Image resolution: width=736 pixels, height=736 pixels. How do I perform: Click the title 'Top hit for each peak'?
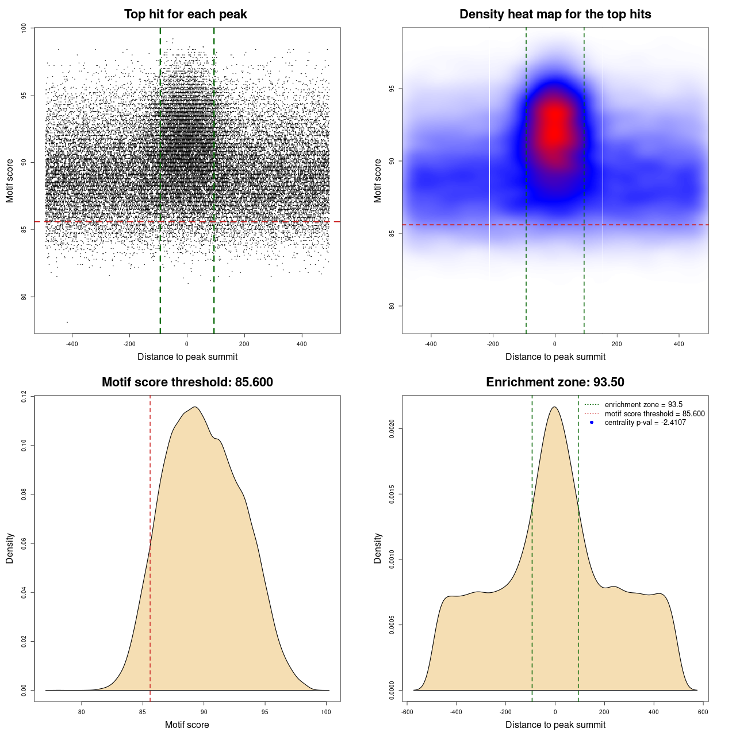pyautogui.click(x=185, y=14)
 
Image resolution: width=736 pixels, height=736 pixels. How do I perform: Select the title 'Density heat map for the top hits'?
pyautogui.click(x=555, y=14)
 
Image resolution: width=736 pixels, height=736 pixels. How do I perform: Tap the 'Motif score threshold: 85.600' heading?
pyautogui.click(x=187, y=382)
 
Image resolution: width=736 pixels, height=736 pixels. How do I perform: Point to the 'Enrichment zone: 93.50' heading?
pyautogui.click(x=555, y=382)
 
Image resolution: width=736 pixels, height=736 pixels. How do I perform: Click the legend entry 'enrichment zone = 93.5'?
pyautogui.click(x=643, y=405)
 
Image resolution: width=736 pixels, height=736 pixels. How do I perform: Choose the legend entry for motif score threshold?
pyautogui.click(x=654, y=413)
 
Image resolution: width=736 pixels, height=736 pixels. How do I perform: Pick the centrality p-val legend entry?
pyautogui.click(x=645, y=423)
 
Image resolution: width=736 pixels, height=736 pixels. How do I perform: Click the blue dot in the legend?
pyautogui.click(x=592, y=423)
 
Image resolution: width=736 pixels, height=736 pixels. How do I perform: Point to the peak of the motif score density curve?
pyautogui.click(x=195, y=407)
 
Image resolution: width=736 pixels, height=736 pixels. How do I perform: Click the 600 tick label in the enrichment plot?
pyautogui.click(x=703, y=712)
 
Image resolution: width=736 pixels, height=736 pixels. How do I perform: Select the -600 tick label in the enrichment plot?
pyautogui.click(x=407, y=712)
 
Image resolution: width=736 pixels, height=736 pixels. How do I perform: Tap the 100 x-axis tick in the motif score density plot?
pyautogui.click(x=326, y=712)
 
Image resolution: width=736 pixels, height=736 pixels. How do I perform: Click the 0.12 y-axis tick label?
pyautogui.click(x=24, y=396)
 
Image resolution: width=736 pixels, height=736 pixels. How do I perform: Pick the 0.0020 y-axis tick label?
pyautogui.click(x=392, y=428)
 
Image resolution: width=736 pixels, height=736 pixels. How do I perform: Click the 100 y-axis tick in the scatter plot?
pyautogui.click(x=24, y=28)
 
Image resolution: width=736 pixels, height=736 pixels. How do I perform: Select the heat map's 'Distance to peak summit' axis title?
pyautogui.click(x=555, y=357)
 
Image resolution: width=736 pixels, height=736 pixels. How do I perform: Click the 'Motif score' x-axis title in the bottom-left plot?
pyautogui.click(x=187, y=724)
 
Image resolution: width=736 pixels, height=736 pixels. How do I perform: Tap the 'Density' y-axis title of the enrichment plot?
pyautogui.click(x=378, y=548)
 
